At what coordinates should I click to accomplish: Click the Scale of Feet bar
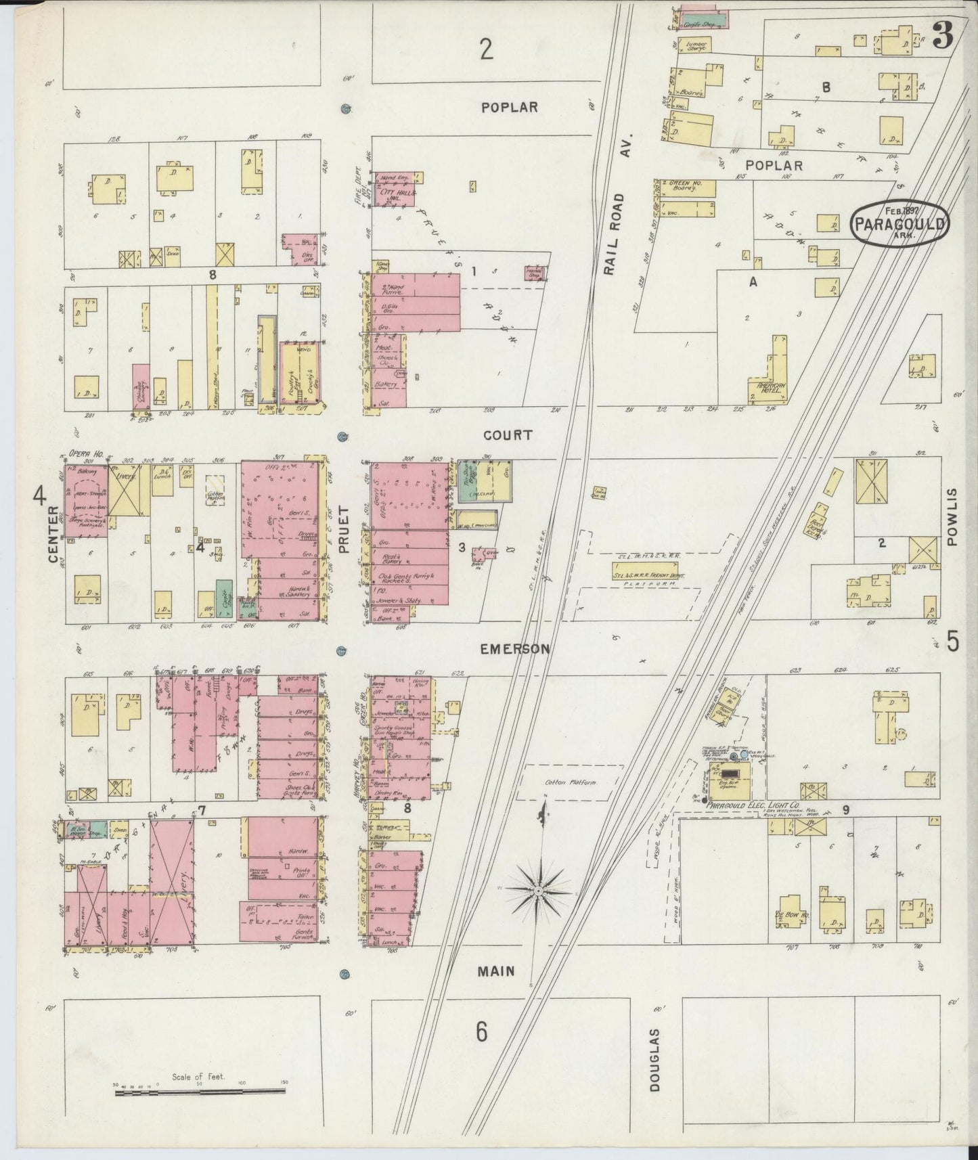pyautogui.click(x=199, y=1090)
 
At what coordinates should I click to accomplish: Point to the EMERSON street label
pyautogui.click(x=514, y=649)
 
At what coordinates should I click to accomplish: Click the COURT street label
pyautogui.click(x=508, y=435)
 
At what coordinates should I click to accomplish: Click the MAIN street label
pyautogui.click(x=496, y=971)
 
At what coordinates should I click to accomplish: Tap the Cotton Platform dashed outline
pyautogui.click(x=571, y=782)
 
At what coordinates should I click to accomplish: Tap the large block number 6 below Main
pyautogui.click(x=482, y=1032)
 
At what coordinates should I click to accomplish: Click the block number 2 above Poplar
pyautogui.click(x=486, y=49)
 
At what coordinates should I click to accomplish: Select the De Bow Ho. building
pyautogui.click(x=788, y=913)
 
